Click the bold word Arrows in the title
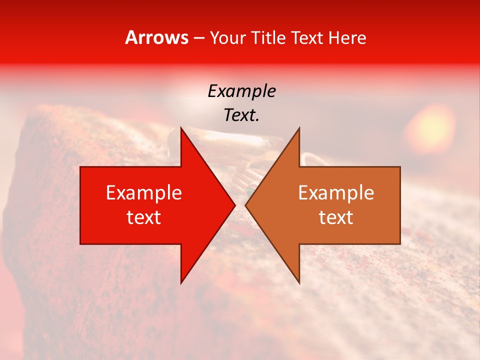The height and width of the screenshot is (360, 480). point(157,37)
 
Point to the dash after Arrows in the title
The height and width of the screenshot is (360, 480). point(199,38)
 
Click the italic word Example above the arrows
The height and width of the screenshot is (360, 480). point(241,91)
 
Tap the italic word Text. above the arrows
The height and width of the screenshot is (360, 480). point(241,115)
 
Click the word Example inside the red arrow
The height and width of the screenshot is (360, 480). point(144,193)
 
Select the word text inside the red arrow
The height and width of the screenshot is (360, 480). point(144,217)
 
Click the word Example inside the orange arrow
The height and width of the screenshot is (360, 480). point(336,193)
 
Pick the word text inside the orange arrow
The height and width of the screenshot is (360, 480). point(336,217)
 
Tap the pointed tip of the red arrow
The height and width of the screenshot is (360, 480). point(234,205)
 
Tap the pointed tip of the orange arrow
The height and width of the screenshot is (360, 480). point(245,205)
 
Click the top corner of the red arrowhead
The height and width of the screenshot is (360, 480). point(181,128)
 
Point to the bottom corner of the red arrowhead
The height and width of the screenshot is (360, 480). point(181,283)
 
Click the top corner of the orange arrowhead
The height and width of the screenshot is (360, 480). point(299,128)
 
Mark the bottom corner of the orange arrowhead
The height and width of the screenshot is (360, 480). point(299,283)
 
